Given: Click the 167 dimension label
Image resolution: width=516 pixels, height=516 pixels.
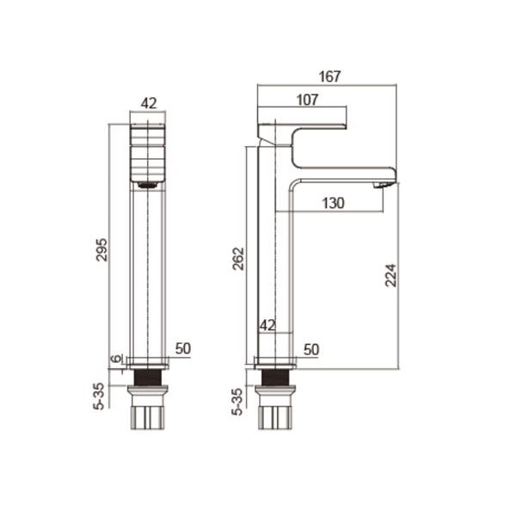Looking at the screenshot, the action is click(x=329, y=77).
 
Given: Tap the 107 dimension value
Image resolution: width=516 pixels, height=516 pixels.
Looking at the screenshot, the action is click(x=307, y=100).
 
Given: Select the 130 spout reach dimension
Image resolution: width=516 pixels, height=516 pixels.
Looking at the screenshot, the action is click(x=333, y=203).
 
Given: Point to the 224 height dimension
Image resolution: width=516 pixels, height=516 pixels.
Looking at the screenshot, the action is click(x=391, y=275).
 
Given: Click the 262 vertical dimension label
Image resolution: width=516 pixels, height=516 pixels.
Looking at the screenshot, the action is click(x=238, y=259).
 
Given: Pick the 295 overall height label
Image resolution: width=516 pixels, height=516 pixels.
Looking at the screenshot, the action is click(x=101, y=249).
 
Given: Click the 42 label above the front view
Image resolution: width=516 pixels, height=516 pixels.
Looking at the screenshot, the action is click(x=149, y=103).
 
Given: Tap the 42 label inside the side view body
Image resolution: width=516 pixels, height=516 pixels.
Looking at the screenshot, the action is click(x=267, y=325).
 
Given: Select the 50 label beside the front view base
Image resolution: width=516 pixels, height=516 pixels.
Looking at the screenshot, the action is click(x=183, y=348).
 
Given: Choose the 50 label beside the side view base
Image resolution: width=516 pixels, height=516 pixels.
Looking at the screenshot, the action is click(x=311, y=349).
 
